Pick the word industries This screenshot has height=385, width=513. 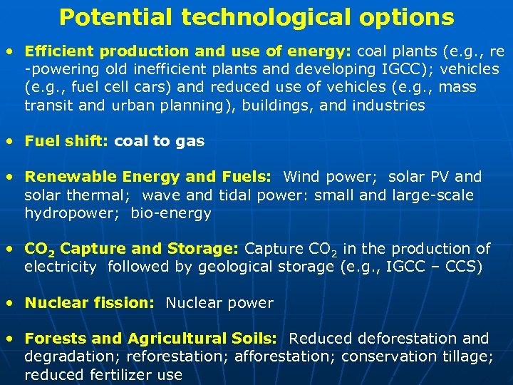pos(389,106)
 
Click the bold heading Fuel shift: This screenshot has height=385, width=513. pos(66,141)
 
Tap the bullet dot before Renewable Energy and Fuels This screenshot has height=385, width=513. pos(9,177)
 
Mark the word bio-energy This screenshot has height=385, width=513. pos(171,213)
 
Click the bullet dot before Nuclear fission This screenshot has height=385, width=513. pos(9,303)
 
